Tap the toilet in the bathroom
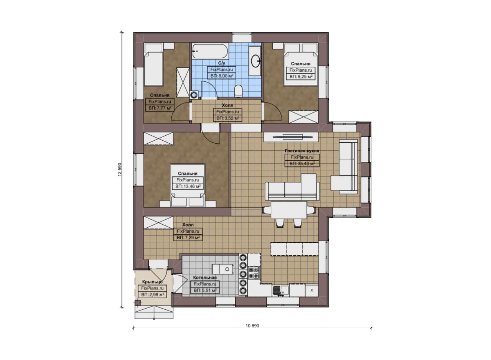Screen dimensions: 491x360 tap(239, 91)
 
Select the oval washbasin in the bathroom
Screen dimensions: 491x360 tap(255, 61)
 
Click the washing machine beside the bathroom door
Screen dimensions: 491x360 tap(194, 95)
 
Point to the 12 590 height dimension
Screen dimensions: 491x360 tap(119, 170)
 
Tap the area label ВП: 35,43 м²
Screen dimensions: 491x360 tap(302, 163)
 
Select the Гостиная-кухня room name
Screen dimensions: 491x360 tap(302, 151)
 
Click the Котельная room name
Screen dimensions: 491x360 tap(205, 278)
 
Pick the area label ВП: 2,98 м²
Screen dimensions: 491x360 tap(152, 295)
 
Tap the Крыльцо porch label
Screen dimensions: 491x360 tap(152, 282)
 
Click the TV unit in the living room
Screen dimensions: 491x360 tap(291, 137)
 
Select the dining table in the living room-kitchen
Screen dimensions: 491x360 tap(289, 210)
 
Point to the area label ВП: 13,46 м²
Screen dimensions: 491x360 tap(188, 186)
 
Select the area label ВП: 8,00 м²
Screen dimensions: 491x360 tap(222, 76)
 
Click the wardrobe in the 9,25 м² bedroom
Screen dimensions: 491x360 tap(303, 117)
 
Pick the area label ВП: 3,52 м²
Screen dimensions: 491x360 tap(228, 118)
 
